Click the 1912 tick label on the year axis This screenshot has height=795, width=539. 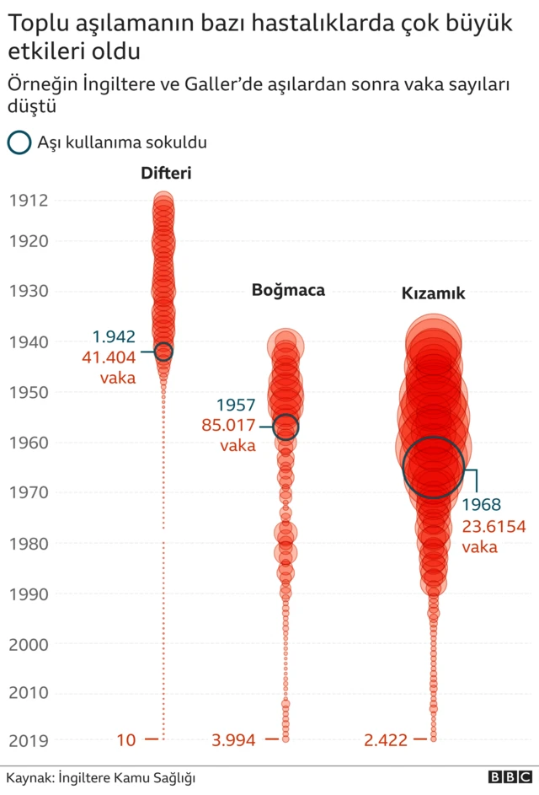point(29,201)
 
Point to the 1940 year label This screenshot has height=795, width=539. point(29,342)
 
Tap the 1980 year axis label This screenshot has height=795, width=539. point(29,544)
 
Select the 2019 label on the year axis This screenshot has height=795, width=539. point(29,741)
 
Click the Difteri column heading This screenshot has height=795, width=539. point(166,174)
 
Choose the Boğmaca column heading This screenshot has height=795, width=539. point(288,291)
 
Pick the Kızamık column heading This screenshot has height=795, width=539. point(433,294)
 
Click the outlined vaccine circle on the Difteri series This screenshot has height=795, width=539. point(163,352)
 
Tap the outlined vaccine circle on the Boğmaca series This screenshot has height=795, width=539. point(286,427)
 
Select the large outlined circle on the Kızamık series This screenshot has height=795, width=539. point(434,467)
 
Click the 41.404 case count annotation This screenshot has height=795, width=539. point(109,357)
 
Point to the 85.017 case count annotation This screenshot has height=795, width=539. point(229,425)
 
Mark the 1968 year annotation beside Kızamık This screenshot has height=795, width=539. point(481,506)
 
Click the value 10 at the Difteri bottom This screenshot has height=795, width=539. point(125,741)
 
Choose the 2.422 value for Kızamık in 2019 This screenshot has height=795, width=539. point(386,741)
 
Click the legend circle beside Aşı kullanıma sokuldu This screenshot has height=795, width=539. point(19,142)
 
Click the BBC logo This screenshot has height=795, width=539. point(509,777)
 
